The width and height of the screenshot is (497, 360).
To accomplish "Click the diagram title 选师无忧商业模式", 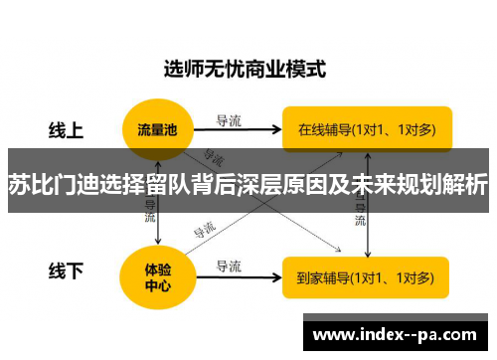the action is (x=244, y=70).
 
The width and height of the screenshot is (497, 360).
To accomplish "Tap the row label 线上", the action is (x=67, y=130).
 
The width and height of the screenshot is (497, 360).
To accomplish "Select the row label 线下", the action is (x=67, y=270).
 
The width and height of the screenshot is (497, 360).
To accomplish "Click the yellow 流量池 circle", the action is (x=158, y=130).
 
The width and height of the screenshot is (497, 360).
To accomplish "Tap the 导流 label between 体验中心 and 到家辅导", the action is (x=230, y=266).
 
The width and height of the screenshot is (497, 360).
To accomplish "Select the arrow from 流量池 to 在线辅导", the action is (x=239, y=131).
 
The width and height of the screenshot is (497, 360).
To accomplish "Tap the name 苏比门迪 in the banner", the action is (x=43, y=185).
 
